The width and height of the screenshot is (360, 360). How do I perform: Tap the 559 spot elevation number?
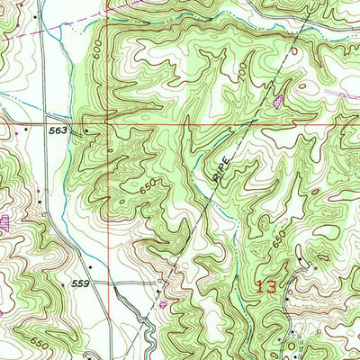click(x=81, y=283)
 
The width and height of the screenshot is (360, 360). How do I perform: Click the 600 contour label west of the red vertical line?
click(x=97, y=55)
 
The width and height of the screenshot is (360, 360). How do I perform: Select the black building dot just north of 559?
click(x=65, y=265)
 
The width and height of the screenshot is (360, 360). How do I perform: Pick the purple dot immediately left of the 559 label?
click(x=62, y=283)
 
